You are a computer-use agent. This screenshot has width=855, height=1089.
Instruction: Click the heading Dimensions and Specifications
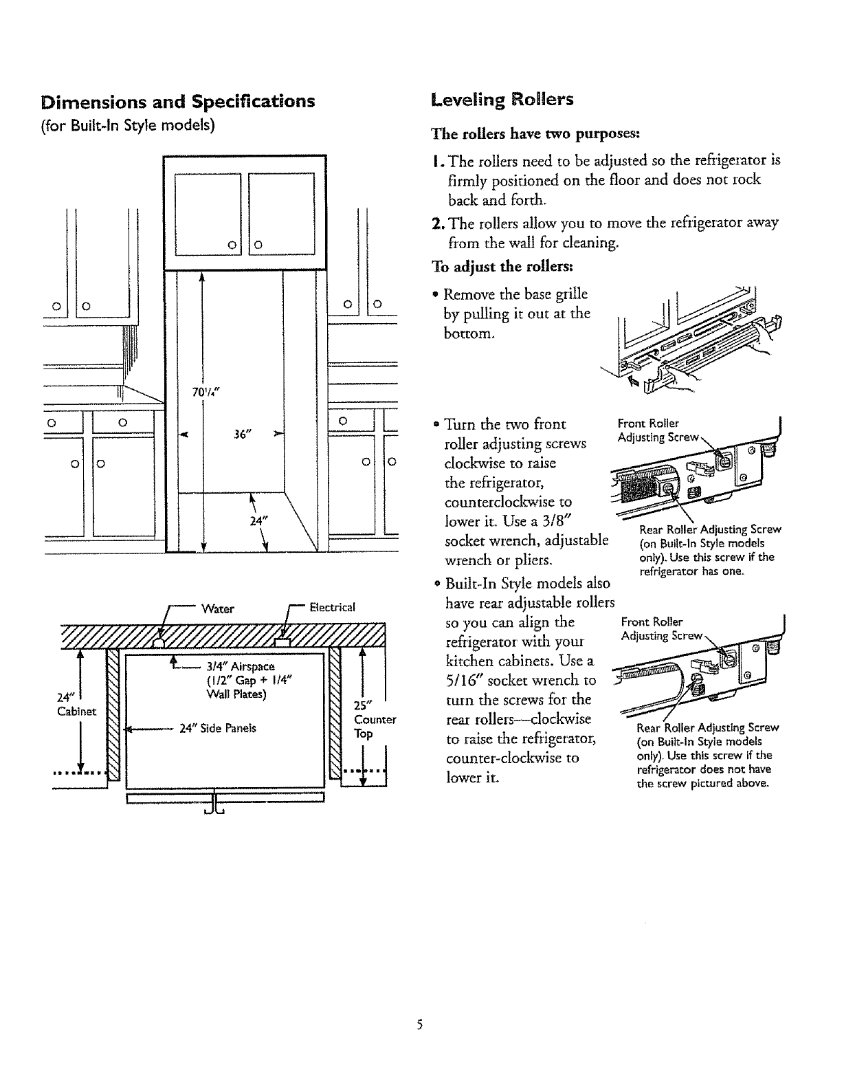(x=178, y=102)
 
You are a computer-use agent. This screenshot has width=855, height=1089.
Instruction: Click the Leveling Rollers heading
(x=502, y=100)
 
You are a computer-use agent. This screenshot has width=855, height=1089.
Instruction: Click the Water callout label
(x=218, y=608)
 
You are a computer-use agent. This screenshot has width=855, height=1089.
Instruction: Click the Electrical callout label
(x=332, y=607)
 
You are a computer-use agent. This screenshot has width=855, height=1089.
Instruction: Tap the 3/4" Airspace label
(x=241, y=666)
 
